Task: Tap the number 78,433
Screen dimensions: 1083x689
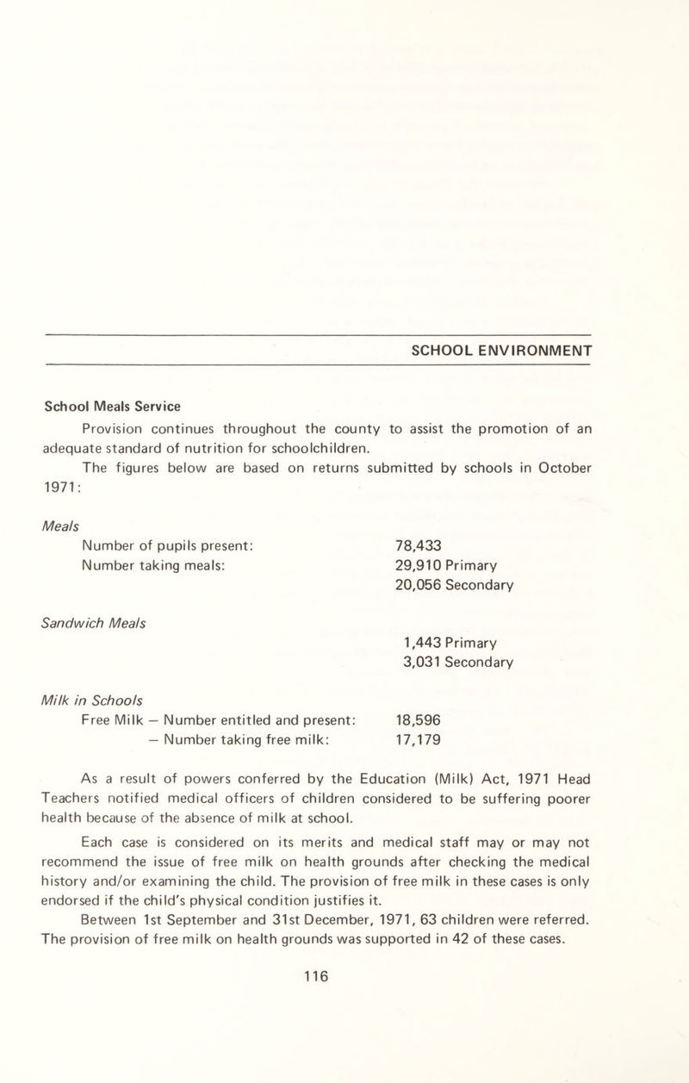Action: click(x=419, y=546)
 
